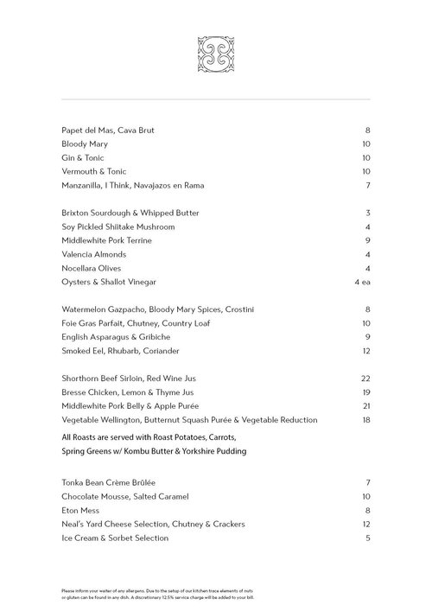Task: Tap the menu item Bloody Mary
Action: point(85,144)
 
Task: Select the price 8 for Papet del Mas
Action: point(367,130)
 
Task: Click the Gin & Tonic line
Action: point(84,158)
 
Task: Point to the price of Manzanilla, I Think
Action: point(367,186)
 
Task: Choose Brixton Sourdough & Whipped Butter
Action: point(130,213)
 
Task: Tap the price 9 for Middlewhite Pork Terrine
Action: point(367,241)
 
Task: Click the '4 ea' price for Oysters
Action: point(362,283)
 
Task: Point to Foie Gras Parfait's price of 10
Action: point(365,324)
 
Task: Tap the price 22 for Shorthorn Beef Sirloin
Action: point(365,379)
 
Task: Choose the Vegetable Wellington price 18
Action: point(365,421)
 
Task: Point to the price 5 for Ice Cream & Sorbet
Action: point(367,538)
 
